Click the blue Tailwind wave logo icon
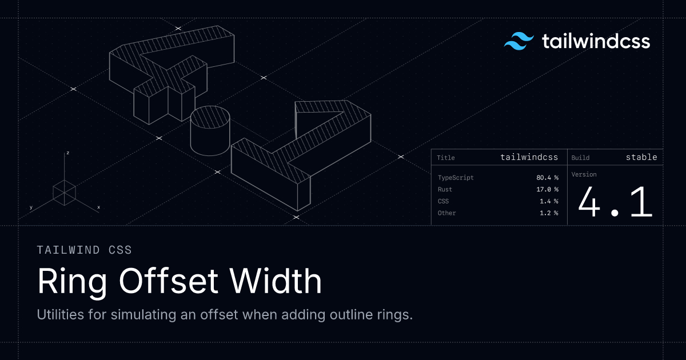tap(519, 41)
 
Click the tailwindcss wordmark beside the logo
tap(596, 41)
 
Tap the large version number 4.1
tap(615, 202)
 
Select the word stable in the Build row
tap(641, 157)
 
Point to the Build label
tap(580, 158)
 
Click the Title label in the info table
tap(445, 158)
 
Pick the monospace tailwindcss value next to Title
tap(529, 157)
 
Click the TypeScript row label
tap(456, 178)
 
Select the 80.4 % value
tap(547, 178)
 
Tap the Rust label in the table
tap(445, 189)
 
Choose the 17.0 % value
tap(547, 189)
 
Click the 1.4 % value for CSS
tap(549, 201)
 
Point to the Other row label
tap(446, 213)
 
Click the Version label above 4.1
tap(584, 174)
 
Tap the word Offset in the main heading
tap(169, 281)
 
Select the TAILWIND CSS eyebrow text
tap(84, 250)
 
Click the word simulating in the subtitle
tap(143, 315)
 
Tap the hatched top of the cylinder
tap(210, 118)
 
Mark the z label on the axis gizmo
tap(67, 153)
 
